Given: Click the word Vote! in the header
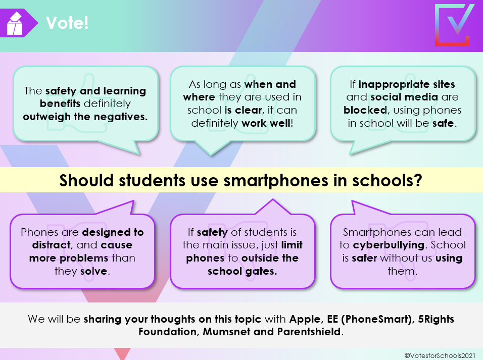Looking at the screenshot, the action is click(67, 23).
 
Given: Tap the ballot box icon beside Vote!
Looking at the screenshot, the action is click(15, 24).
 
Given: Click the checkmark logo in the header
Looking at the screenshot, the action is click(455, 25).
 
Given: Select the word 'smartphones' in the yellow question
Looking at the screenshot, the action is click(276, 181).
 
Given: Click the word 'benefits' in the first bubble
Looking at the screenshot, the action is click(60, 104).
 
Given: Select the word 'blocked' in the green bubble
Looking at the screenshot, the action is click(365, 110).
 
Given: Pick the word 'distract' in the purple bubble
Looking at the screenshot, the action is click(52, 245).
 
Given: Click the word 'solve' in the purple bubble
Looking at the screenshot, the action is click(93, 271).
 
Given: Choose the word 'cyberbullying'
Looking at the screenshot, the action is click(389, 245).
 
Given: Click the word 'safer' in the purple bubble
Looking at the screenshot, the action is click(364, 258).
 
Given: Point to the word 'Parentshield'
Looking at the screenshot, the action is click(309, 332).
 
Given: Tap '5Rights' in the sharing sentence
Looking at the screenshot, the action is click(436, 319).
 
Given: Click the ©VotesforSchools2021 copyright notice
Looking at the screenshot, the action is click(440, 355).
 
